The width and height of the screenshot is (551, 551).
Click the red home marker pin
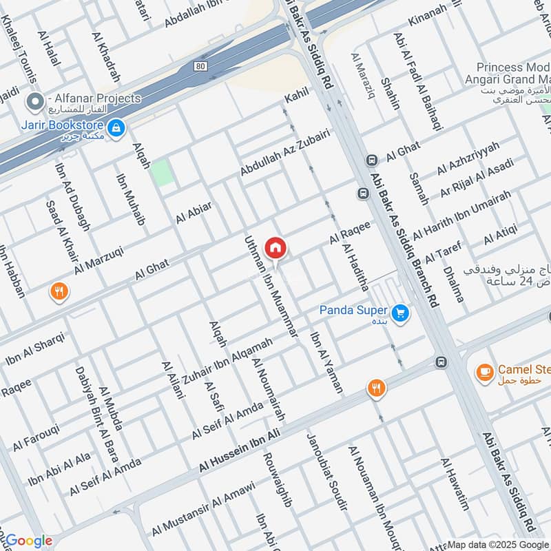tap(275, 247)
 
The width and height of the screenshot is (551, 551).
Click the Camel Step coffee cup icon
tap(484, 373)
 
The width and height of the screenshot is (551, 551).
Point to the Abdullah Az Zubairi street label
tap(284, 152)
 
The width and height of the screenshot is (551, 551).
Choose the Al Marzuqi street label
tap(98, 256)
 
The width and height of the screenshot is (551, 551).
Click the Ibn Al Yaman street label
tap(326, 362)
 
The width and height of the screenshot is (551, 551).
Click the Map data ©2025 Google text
tap(497, 544)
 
